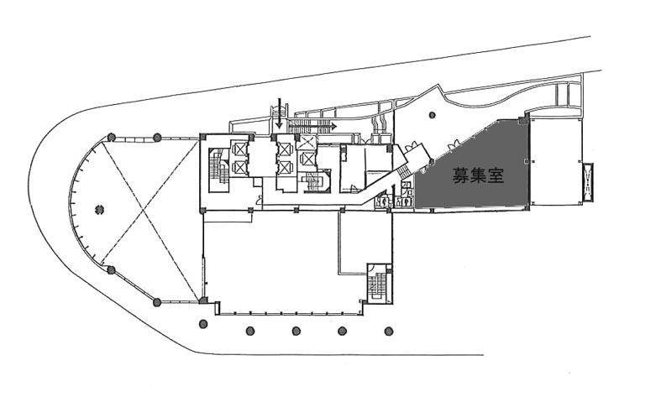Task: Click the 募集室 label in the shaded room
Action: pyautogui.click(x=478, y=175)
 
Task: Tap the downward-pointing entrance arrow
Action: pyautogui.click(x=279, y=113)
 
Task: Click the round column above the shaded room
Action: pyautogui.click(x=432, y=114)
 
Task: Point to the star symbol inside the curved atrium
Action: pyautogui.click(x=100, y=208)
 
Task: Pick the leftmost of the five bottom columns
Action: pyautogui.click(x=203, y=324)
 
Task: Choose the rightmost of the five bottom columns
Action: pyautogui.click(x=388, y=331)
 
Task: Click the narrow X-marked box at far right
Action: pyautogui.click(x=588, y=181)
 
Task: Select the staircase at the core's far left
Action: pyautogui.click(x=218, y=166)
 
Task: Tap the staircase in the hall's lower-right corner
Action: pyautogui.click(x=377, y=283)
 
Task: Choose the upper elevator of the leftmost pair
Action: pyautogui.click(x=239, y=149)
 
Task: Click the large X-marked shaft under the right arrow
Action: pyautogui.click(x=306, y=143)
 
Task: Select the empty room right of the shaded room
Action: pyautogui.click(x=555, y=161)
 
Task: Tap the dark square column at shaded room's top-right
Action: pyautogui.click(x=523, y=122)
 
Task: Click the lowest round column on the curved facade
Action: pyautogui.click(x=157, y=301)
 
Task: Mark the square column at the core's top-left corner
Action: pyautogui.click(x=202, y=137)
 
